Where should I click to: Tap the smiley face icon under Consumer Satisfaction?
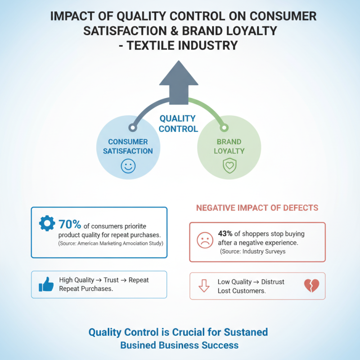[128, 166]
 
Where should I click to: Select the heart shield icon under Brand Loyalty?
[229, 166]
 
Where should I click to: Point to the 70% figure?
[70, 224]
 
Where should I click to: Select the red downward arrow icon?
[204, 286]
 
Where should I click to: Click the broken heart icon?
[311, 285]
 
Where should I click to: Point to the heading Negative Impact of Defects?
[257, 208]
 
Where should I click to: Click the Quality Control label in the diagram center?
[178, 124]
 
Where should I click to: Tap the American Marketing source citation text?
[111, 243]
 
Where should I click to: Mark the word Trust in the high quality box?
[111, 280]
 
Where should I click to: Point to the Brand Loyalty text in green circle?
[229, 146]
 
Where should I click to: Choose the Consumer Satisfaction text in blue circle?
[128, 146]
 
